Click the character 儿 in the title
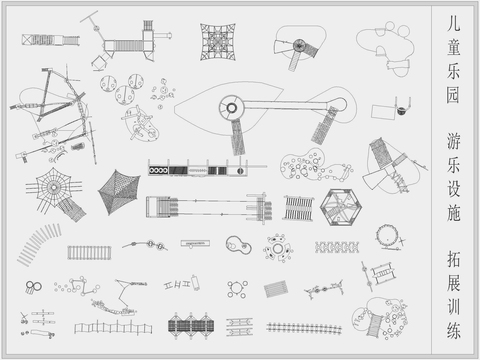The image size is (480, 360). pyautogui.click(x=454, y=24)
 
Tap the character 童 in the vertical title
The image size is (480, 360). pyautogui.click(x=454, y=47)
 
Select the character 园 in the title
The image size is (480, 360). pyautogui.click(x=454, y=95)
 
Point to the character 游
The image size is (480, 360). pyautogui.click(x=454, y=141)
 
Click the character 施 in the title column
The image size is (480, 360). pyautogui.click(x=454, y=213)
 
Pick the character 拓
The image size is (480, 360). pyautogui.click(x=454, y=259)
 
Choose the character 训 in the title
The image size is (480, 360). pyautogui.click(x=454, y=307)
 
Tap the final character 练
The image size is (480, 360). pyautogui.click(x=454, y=331)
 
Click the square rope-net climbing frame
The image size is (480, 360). pyautogui.click(x=218, y=42)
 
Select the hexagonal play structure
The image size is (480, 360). pyautogui.click(x=341, y=207)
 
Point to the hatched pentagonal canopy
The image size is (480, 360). pyautogui.click(x=119, y=192)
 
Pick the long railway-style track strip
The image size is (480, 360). pyautogui.click(x=304, y=328)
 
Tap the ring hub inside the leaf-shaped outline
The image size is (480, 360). pyautogui.click(x=231, y=108)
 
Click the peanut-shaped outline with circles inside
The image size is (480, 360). pyautogui.click(x=238, y=245)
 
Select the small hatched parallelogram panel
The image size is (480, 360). pyautogui.click(x=276, y=289)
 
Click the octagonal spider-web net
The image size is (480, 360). pyautogui.click(x=53, y=187)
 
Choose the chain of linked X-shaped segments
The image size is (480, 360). pyautogui.click(x=337, y=247)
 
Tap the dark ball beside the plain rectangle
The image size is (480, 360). pyautogui.click(x=401, y=111)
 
